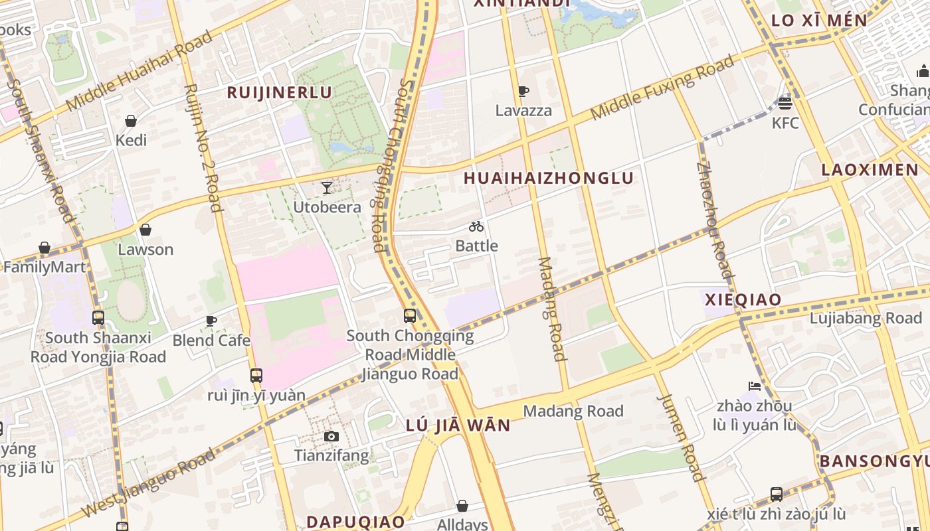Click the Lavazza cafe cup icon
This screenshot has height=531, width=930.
point(523,91)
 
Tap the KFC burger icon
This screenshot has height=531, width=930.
point(785,103)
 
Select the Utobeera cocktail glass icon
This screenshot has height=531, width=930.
point(327,187)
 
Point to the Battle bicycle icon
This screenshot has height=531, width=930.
point(476,226)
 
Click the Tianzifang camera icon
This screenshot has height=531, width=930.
point(331,436)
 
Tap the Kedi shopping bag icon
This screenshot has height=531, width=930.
point(131,121)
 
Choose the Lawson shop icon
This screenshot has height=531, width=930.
point(145,230)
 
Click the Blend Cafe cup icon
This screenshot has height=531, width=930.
point(211,321)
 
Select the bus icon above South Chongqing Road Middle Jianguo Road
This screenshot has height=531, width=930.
point(410,315)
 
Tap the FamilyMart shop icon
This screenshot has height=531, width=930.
point(45,248)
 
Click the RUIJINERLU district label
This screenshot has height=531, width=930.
point(279,92)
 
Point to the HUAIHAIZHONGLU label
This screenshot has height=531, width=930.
point(549,178)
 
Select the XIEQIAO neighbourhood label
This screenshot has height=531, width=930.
point(743,299)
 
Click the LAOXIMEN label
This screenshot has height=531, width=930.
point(870,170)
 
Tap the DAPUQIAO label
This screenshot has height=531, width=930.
point(355,521)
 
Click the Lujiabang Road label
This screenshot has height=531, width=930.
point(866,318)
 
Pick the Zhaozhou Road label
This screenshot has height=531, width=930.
point(715,219)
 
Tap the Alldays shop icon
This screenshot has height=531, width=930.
point(462,506)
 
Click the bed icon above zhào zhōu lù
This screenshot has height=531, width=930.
point(754,386)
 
